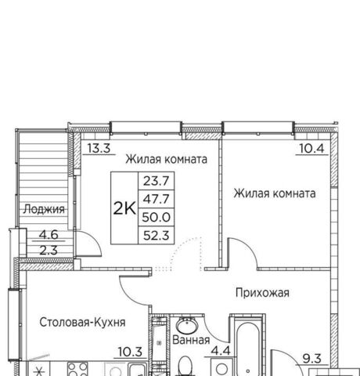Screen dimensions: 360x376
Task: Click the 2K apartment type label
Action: [124, 208]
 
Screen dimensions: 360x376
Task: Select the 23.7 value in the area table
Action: [157, 181]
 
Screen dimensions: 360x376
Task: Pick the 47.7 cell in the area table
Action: [157, 199]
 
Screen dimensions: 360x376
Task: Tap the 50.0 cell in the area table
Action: [157, 217]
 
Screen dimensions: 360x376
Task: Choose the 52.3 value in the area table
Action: [157, 236]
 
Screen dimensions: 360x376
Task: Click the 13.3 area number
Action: [99, 148]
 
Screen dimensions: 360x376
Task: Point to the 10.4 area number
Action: [311, 148]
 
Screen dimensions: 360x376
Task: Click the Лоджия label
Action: [44, 209]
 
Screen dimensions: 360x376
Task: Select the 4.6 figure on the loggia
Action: [49, 235]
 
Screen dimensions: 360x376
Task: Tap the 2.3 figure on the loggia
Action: [49, 251]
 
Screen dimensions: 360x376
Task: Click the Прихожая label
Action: [262, 293]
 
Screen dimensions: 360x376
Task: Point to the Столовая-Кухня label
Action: [82, 322]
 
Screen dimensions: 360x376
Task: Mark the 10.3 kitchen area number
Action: [130, 352]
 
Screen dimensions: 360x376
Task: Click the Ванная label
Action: [191, 340]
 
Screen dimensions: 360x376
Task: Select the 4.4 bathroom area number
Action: [221, 351]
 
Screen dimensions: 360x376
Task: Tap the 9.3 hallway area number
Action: [311, 359]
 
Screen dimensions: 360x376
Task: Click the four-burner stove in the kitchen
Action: [77, 369]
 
